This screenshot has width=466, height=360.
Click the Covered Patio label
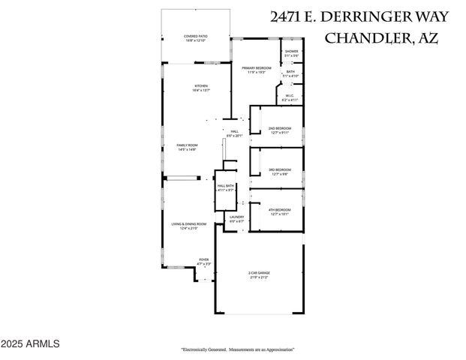(196, 37)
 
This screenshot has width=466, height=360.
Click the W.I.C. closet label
(290, 97)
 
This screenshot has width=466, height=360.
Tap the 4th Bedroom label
(279, 211)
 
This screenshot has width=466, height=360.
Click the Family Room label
(187, 147)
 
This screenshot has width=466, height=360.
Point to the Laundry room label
(236, 219)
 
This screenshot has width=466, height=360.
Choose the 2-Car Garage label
(258, 274)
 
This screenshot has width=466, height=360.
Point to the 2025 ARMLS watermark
(30, 344)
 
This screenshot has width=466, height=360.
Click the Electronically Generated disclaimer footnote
(237, 349)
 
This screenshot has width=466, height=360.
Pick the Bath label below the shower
(290, 73)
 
